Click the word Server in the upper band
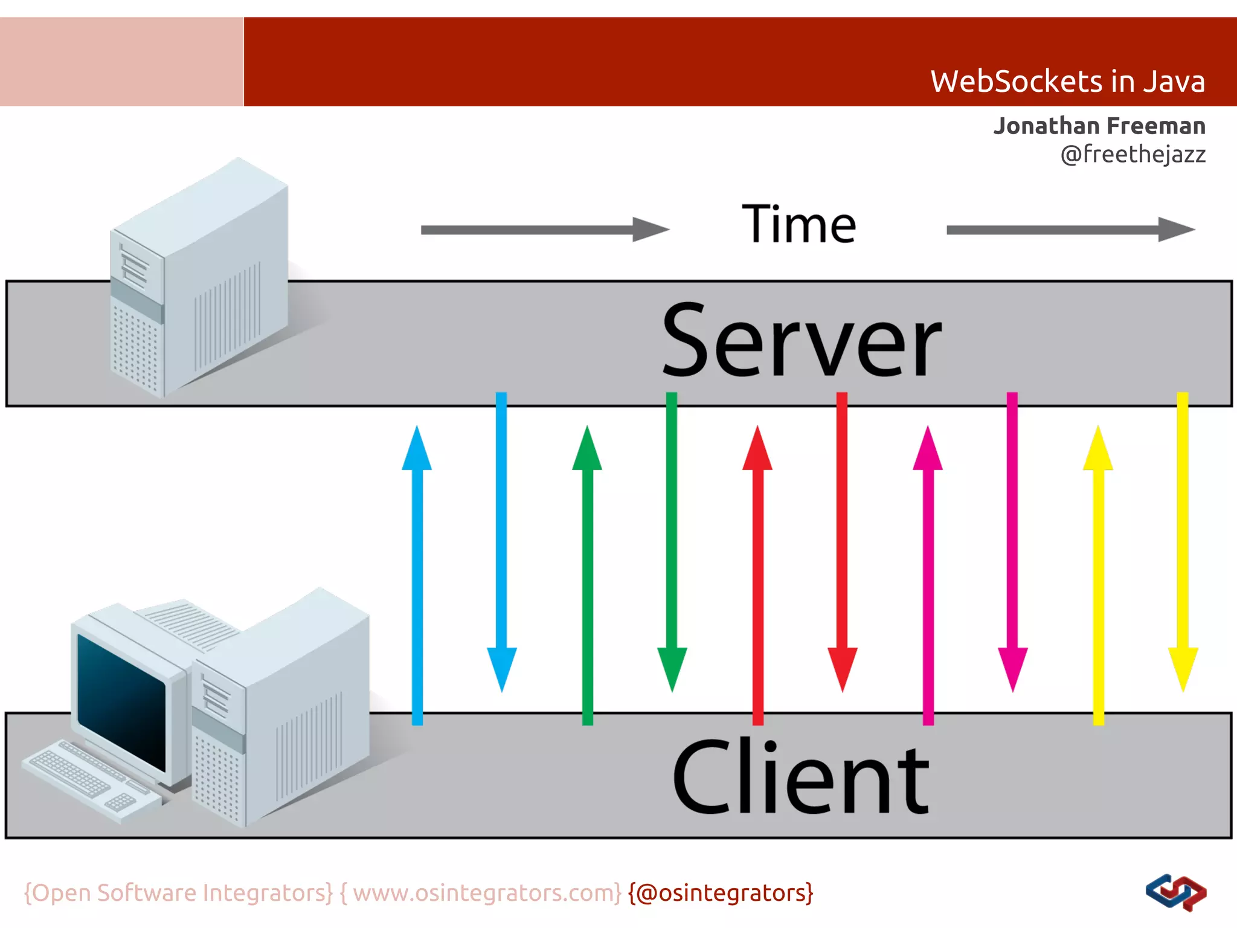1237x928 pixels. tap(801, 341)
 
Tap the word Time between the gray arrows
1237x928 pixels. tap(798, 224)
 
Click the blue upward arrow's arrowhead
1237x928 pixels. tap(417, 450)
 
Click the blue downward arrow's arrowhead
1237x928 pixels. tap(501, 668)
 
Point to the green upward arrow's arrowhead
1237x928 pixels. tap(587, 450)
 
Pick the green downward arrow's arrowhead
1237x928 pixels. tap(672, 668)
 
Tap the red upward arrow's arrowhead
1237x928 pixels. tap(757, 450)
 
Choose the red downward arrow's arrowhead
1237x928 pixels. tap(842, 668)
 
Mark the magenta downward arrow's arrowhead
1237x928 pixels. tap(1012, 668)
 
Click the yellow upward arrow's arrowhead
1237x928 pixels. tap(1098, 450)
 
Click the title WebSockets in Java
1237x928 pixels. tap(1067, 82)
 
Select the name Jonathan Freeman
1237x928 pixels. tap(1099, 126)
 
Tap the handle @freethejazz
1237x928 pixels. tap(1133, 154)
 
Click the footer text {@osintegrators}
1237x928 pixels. tap(721, 892)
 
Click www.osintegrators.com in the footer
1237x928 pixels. tap(487, 892)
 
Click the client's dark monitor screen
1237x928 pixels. tap(121, 701)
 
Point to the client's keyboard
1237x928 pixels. tap(91, 779)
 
